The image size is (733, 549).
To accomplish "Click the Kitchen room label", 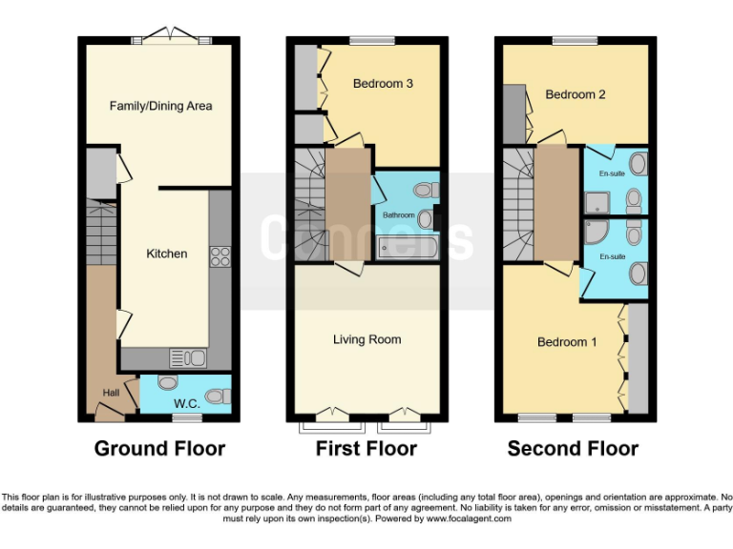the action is click(167, 254).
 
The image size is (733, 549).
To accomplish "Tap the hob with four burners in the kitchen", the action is click(220, 256).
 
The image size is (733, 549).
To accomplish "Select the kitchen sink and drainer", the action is click(188, 358).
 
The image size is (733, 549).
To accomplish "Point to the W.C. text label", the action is click(187, 404).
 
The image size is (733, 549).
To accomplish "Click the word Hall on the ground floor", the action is click(112, 393).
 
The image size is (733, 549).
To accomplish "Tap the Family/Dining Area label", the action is click(160, 107).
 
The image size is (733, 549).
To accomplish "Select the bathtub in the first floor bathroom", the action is click(408, 248).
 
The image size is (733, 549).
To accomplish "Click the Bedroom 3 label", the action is click(383, 84).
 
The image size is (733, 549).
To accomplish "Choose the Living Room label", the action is click(366, 339).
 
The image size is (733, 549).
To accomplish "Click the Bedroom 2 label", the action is click(576, 94).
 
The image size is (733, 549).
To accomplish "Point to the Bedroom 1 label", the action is click(567, 342).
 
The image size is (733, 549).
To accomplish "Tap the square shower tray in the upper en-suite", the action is click(597, 203).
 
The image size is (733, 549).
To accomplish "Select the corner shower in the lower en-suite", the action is click(596, 232).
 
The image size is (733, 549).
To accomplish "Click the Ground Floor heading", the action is click(160, 449).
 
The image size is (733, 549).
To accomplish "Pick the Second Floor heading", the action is click(573, 449).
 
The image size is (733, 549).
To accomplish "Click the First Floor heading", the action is click(366, 449).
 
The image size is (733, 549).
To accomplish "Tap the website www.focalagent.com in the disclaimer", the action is click(469, 518).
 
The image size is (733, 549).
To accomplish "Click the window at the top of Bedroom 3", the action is click(372, 41).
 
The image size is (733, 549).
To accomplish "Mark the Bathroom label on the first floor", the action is click(399, 215).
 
